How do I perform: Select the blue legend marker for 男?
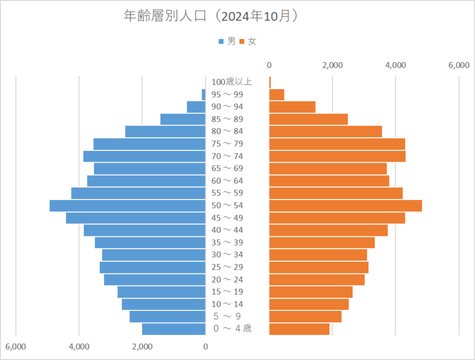tap(221, 41)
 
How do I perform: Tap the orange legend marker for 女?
tap(242, 41)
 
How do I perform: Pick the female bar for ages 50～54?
tap(345, 205)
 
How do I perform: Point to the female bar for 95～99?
tap(277, 94)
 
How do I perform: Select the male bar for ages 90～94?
tap(196, 107)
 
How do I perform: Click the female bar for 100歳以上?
tap(270, 82)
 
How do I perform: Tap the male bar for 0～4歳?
tap(174, 329)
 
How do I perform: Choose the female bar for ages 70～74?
tap(337, 156)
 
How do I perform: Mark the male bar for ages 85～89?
tap(183, 119)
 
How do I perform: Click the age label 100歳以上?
tap(232, 82)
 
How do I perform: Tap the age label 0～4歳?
tap(232, 329)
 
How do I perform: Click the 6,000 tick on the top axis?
tap(459, 65)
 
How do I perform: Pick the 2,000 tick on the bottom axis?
tap(142, 347)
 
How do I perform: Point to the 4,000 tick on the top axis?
tap(395, 65)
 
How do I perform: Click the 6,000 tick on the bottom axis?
tap(16, 347)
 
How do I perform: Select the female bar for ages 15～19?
tap(311, 292)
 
